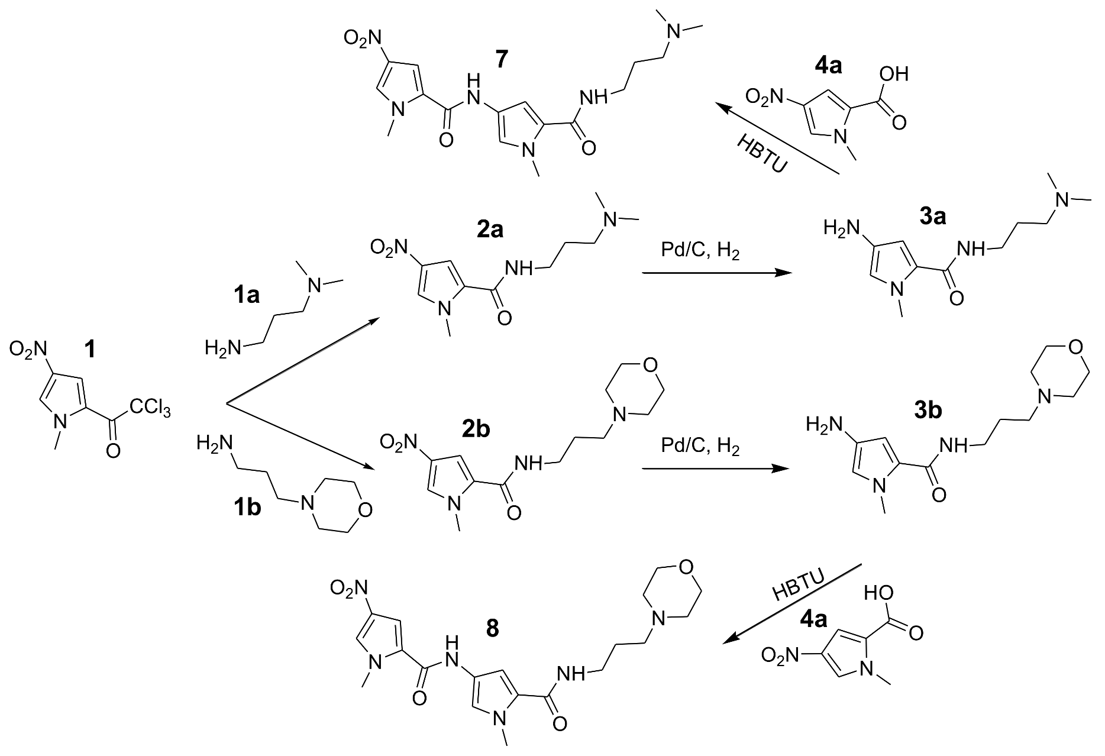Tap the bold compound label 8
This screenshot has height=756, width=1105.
click(x=492, y=629)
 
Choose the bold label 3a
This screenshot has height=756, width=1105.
click(x=933, y=217)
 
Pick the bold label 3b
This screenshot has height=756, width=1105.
click(x=927, y=410)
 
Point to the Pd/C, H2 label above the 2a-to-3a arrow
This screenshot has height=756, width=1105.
click(x=700, y=251)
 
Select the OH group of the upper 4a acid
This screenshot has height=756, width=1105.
click(x=893, y=74)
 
